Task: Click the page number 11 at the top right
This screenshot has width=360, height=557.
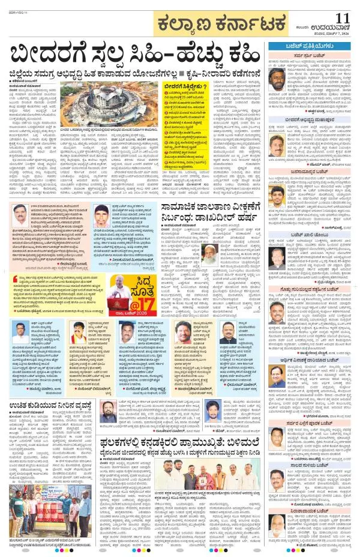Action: tap(343, 18)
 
